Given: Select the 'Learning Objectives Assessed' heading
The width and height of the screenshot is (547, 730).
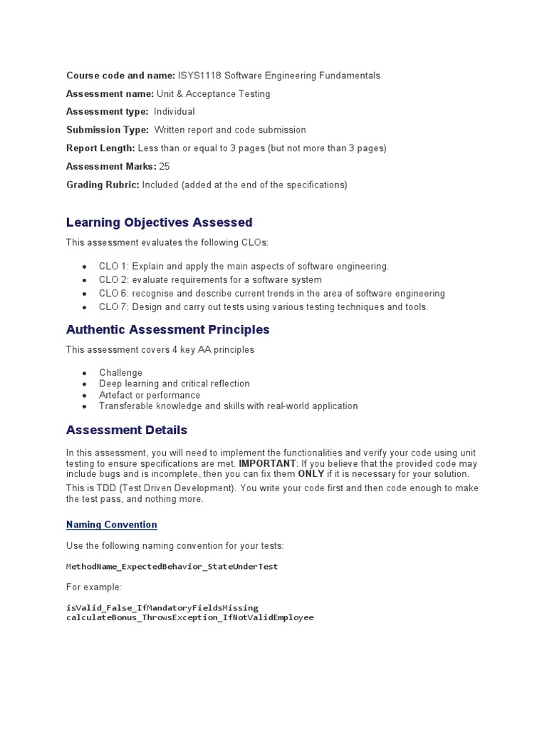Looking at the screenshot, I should click(159, 222).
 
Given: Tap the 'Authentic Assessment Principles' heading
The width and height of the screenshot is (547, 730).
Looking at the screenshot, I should click(167, 329).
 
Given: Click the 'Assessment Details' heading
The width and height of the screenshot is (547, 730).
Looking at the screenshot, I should click(126, 430).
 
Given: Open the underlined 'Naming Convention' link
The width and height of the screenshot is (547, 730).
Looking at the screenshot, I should click(111, 525).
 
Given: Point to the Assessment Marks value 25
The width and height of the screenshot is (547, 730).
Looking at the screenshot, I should click(165, 166).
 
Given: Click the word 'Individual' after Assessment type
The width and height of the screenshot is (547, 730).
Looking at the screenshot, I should click(174, 112).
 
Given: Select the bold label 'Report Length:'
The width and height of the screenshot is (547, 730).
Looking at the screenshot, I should click(100, 148).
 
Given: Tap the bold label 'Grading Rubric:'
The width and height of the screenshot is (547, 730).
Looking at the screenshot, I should click(103, 185).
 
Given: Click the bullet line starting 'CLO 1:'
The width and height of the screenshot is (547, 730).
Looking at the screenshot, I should click(244, 267).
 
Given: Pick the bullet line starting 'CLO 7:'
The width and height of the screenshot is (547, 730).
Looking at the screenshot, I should click(264, 307).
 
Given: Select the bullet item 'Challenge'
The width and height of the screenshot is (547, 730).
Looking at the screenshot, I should click(120, 373).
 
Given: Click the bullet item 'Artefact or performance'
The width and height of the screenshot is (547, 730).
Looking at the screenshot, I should click(150, 395).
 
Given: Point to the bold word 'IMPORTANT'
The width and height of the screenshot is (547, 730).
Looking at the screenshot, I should click(269, 463).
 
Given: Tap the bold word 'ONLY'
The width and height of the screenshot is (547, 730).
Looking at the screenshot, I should click(311, 474).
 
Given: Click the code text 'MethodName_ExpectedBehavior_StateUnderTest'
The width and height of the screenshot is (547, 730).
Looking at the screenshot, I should click(172, 567).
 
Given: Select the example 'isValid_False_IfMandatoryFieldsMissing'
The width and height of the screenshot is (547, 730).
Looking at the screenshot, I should click(162, 608).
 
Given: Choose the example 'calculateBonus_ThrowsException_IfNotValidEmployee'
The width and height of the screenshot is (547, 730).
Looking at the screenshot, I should click(189, 617).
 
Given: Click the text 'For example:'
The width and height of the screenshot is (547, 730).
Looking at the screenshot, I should click(94, 587).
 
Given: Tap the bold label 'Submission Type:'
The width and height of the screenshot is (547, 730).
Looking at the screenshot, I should click(108, 130).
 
